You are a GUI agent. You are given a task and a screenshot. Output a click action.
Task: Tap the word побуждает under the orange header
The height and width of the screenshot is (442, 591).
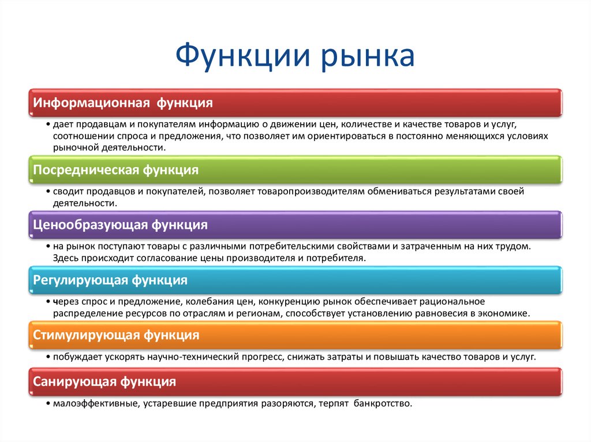pos(77,357)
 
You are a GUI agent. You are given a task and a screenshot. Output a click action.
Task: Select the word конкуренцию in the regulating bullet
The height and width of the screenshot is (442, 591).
pos(293,301)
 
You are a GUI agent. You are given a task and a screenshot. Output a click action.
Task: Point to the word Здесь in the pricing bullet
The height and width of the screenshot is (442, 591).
pos(65,259)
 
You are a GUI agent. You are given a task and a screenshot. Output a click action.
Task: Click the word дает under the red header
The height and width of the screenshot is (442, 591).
pos(63,124)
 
